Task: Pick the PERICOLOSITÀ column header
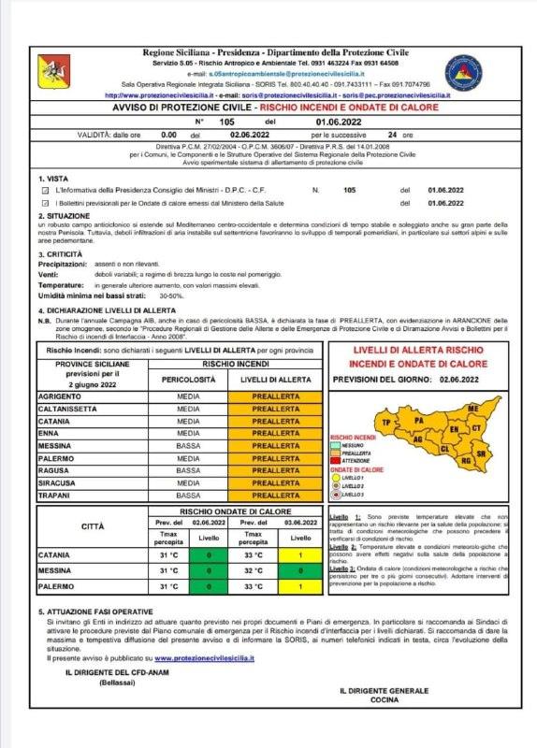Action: tap(175, 381)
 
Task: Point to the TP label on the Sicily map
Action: tap(385, 424)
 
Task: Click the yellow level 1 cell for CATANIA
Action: tap(300, 555)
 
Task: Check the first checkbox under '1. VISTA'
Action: tap(44, 190)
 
